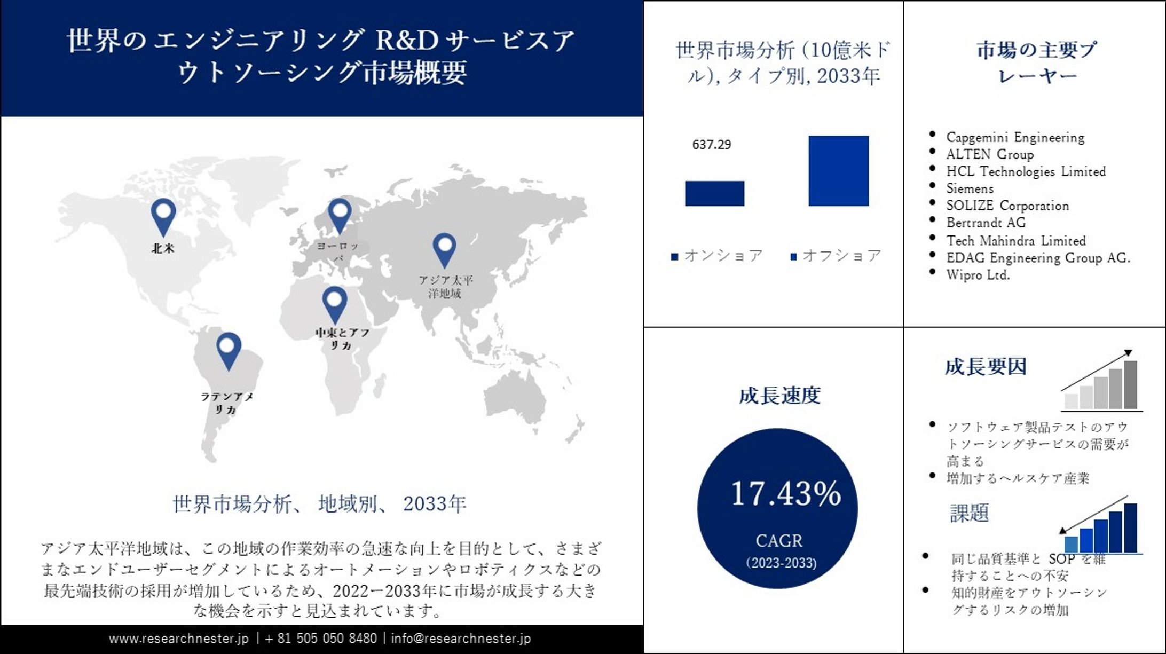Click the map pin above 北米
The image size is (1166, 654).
click(163, 215)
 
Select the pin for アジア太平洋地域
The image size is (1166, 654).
click(444, 249)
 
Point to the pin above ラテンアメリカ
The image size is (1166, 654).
click(229, 350)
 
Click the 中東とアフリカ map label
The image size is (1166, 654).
click(342, 339)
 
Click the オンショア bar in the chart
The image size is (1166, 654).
click(714, 193)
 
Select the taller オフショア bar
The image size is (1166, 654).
click(838, 171)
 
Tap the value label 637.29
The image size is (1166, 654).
click(711, 145)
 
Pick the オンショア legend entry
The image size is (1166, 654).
click(717, 256)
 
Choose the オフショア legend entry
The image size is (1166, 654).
click(836, 256)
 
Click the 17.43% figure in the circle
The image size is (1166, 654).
click(785, 493)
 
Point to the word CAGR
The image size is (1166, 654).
click(779, 541)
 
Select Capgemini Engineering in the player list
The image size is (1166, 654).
click(1015, 137)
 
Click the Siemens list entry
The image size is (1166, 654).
click(970, 188)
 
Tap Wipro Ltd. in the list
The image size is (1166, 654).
click(978, 275)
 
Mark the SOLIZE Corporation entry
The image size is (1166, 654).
click(1007, 206)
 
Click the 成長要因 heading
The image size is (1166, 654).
click(986, 367)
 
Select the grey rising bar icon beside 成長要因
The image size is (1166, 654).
click(1101, 382)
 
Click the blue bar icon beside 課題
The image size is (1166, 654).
click(1100, 527)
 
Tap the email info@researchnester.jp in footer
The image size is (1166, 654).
click(461, 639)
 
